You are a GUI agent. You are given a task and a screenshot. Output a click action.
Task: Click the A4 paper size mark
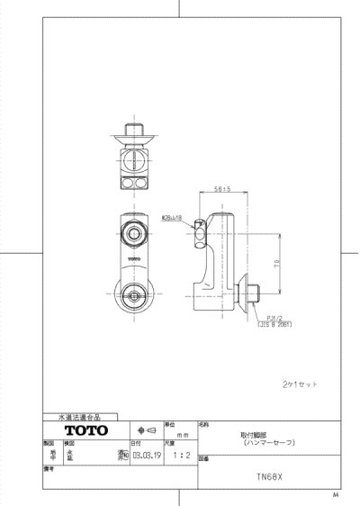click(x=335, y=495)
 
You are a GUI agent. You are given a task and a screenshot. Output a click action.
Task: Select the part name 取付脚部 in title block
click(x=240, y=433)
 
